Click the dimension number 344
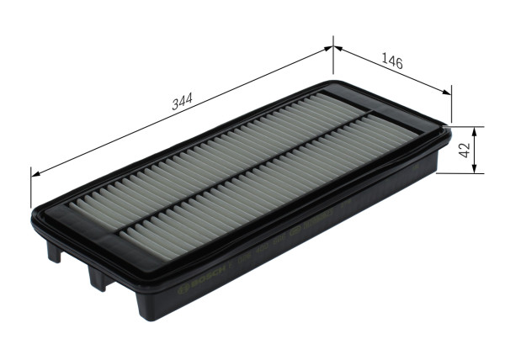(x=179, y=103)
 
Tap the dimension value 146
(x=391, y=62)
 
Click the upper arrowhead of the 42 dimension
(x=476, y=131)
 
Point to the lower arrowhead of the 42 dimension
(x=476, y=170)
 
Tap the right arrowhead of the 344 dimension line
(x=329, y=50)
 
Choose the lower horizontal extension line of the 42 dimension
(x=462, y=174)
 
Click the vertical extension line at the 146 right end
(x=452, y=105)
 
